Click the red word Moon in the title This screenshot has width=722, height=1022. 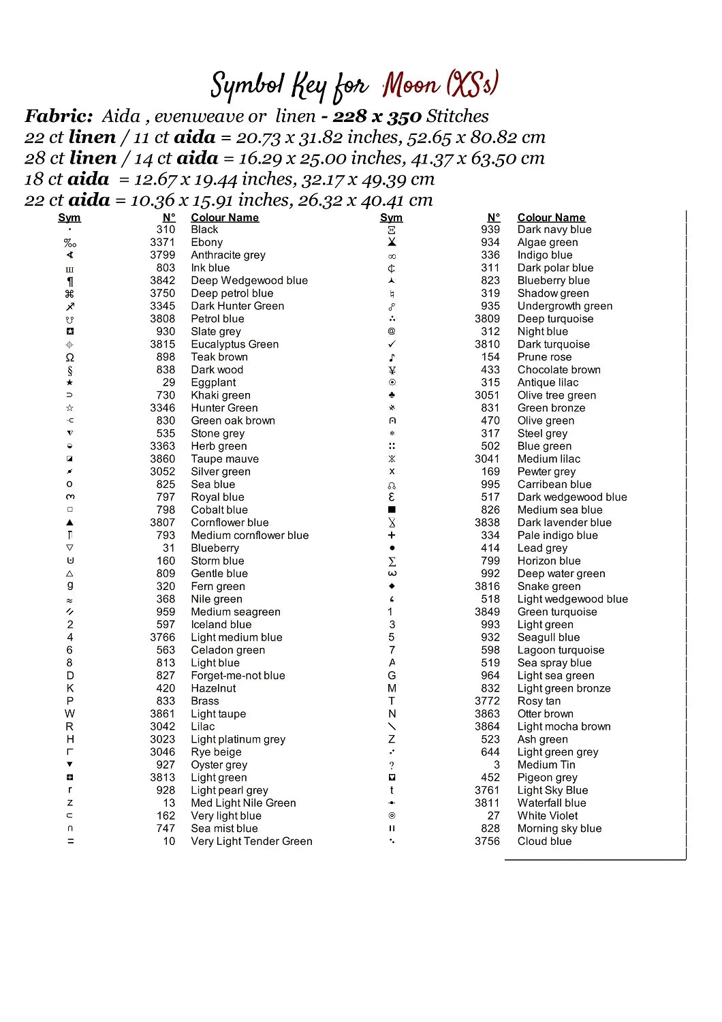pos(411,86)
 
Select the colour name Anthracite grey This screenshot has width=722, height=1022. pos(228,255)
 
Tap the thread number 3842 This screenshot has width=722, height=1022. pos(163,281)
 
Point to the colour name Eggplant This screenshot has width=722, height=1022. pos(213,382)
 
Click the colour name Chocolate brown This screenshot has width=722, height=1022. pos(559,369)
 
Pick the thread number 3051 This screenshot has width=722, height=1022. pos(487,395)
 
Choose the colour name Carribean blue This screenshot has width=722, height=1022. pos(554,484)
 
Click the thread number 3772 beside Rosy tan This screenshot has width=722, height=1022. pos(487,701)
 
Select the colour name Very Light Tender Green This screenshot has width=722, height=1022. pos(251,841)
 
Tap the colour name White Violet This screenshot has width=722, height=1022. pos(547,816)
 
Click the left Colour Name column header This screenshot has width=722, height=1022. pos(225,217)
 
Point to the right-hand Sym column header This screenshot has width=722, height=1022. pos(391,217)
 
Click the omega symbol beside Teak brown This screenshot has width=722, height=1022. pos(69,358)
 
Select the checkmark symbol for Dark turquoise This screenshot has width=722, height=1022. pos(392,344)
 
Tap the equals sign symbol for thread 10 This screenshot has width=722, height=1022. pos(70,841)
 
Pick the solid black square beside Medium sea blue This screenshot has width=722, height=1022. pos(392,510)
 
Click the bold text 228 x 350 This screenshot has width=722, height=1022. pos(377,117)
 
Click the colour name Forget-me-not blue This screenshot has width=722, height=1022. pos(238,675)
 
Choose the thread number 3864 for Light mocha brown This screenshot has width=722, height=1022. pos(487,726)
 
